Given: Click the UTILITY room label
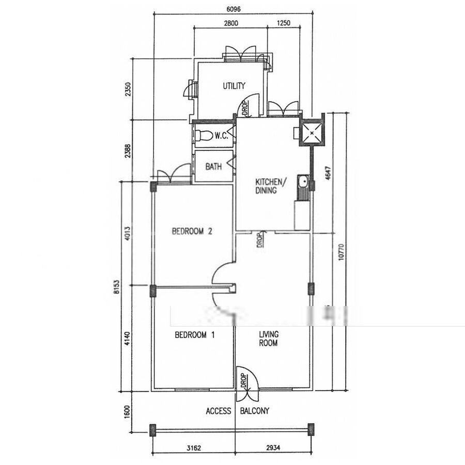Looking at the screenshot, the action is click(x=234, y=86).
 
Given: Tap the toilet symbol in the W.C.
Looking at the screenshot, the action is click(x=204, y=136).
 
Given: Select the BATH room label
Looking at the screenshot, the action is click(x=213, y=166).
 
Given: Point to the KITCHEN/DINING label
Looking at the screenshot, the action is click(x=271, y=186).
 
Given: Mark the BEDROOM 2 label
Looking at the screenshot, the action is click(x=192, y=231).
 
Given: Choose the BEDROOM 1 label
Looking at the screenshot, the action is click(x=195, y=335).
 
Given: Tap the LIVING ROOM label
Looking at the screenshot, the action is click(x=269, y=338).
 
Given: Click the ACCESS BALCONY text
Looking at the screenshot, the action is click(x=238, y=411).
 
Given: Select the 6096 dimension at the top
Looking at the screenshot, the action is click(x=234, y=9).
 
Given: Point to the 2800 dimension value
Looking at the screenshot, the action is click(x=231, y=23).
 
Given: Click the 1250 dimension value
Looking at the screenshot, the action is click(x=284, y=23).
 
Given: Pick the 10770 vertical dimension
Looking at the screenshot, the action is click(x=341, y=252).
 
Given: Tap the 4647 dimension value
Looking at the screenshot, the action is click(x=328, y=173).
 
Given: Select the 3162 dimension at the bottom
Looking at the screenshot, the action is click(x=194, y=448).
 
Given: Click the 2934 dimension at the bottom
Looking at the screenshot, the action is click(x=273, y=447).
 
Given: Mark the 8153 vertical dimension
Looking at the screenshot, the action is click(x=117, y=287).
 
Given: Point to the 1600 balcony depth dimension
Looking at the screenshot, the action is click(x=127, y=412).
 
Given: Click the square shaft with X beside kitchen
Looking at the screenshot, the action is click(x=312, y=133).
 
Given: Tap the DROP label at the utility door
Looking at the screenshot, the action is click(x=245, y=109).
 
